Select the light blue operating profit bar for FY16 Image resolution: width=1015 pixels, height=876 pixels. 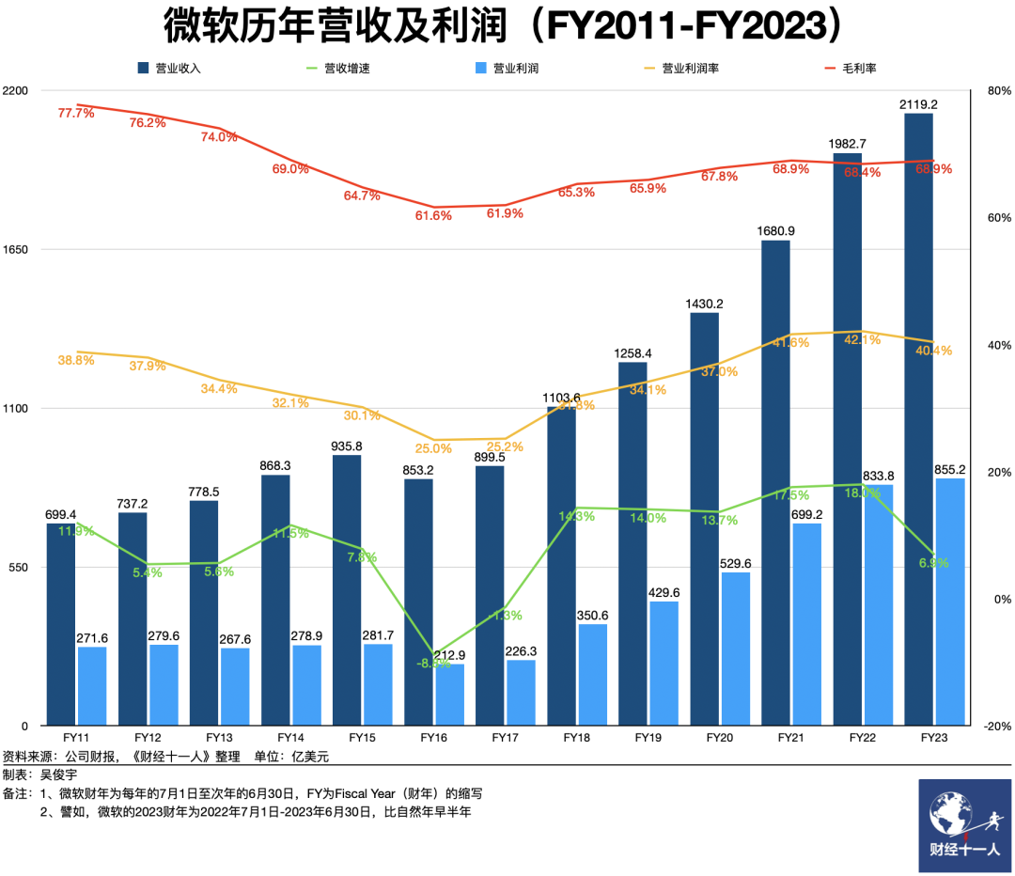coord(448,696)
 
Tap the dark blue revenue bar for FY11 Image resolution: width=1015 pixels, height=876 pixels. coord(61,624)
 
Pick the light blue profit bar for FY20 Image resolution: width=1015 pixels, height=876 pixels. coord(735,649)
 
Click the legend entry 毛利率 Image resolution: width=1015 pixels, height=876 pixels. coord(850,68)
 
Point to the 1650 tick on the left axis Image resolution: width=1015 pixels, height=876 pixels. coord(18,249)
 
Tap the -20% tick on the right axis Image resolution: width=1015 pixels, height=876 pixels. coord(995,726)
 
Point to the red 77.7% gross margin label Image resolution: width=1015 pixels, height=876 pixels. coord(76,113)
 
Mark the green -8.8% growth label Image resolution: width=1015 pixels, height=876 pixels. coord(433,664)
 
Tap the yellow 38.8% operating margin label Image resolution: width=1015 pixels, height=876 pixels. coord(76,359)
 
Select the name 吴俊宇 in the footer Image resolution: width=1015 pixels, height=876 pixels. coord(58,774)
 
